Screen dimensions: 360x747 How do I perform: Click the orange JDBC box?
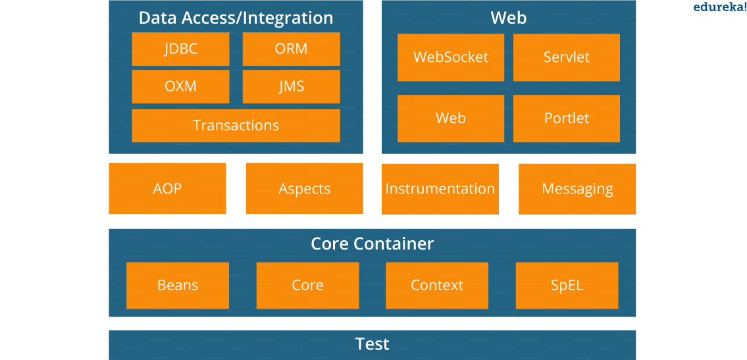180,49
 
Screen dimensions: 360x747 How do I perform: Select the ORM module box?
291,49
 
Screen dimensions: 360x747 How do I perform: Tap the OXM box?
180,86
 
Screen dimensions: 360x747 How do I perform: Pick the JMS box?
291,86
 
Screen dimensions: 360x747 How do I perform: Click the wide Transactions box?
236,126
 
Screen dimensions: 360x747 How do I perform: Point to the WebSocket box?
451,57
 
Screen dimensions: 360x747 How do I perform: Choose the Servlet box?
567,57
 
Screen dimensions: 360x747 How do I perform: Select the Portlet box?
567,118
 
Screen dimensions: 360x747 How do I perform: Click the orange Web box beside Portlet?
451,118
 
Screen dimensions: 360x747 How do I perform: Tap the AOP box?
167,189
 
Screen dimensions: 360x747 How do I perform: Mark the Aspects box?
304,189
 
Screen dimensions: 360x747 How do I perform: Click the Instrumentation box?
440,189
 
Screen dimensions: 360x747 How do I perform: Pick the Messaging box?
577,189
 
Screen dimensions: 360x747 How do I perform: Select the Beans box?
178,286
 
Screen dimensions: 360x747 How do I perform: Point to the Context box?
437,286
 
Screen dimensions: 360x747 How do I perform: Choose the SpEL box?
567,286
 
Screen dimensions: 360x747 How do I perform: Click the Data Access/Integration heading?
236,18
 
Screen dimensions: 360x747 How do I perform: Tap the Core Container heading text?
373,244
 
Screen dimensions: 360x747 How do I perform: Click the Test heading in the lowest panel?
373,344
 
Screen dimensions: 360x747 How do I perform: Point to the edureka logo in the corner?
719,7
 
